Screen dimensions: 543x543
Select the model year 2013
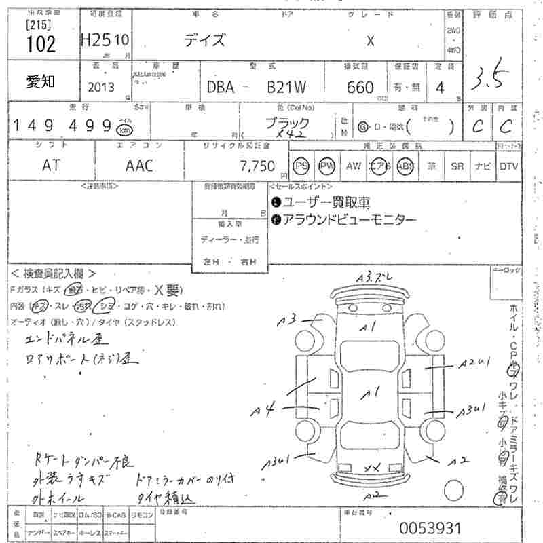tap(101, 87)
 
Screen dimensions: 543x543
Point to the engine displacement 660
tap(360, 87)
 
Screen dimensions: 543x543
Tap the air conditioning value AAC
tap(139, 166)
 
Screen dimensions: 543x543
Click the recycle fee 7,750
tap(258, 166)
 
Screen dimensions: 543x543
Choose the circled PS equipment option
tap(301, 166)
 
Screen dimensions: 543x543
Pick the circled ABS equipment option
tap(405, 166)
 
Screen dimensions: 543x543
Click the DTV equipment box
tap(509, 166)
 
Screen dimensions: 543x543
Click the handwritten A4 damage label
tap(262, 411)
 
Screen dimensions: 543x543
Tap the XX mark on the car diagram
tap(371, 468)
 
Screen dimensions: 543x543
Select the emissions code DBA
tap(221, 87)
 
